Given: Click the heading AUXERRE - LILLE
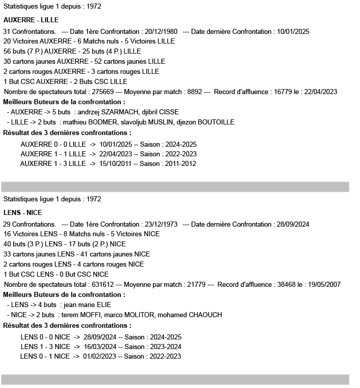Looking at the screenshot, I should [x=31, y=20].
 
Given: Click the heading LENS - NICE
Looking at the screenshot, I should [x=22, y=212].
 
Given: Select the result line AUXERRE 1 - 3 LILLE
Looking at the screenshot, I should [x=53, y=163].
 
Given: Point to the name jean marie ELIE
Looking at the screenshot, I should [x=87, y=305].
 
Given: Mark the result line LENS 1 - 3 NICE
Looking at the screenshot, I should [x=46, y=347].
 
